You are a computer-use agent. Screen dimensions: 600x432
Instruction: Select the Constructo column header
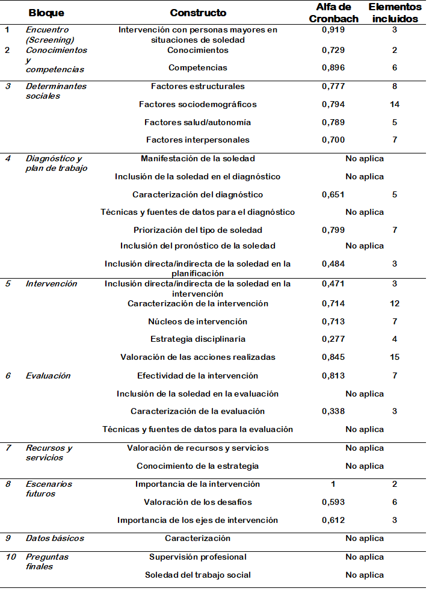(x=198, y=13)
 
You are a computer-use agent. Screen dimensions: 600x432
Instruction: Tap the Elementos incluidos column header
(x=395, y=13)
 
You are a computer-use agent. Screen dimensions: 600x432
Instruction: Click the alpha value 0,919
(x=333, y=30)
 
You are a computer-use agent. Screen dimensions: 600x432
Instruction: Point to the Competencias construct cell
(x=198, y=68)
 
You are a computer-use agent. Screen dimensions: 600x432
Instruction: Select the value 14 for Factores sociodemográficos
(x=395, y=105)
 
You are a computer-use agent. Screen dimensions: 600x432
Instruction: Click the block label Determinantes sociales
(x=56, y=91)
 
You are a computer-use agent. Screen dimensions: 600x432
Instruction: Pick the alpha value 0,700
(x=333, y=140)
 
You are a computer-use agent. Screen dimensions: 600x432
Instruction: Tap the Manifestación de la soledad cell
(x=198, y=159)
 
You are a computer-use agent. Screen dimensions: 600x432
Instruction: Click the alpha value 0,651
(x=333, y=195)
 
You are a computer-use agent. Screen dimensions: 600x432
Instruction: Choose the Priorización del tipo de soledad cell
(x=198, y=230)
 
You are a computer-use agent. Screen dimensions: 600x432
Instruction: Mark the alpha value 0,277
(x=333, y=339)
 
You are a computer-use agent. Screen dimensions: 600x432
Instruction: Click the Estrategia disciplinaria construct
(x=198, y=339)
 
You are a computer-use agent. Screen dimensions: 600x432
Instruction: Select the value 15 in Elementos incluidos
(x=395, y=357)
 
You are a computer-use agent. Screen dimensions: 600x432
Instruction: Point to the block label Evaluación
(x=48, y=376)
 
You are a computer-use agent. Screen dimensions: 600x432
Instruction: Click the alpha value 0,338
(x=333, y=412)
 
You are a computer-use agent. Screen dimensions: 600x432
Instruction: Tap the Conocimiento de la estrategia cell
(x=198, y=466)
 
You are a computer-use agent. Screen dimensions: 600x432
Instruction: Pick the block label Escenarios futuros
(x=49, y=489)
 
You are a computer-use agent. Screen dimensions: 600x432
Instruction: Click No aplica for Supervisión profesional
(x=365, y=557)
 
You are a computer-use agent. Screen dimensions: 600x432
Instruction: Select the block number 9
(x=8, y=539)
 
